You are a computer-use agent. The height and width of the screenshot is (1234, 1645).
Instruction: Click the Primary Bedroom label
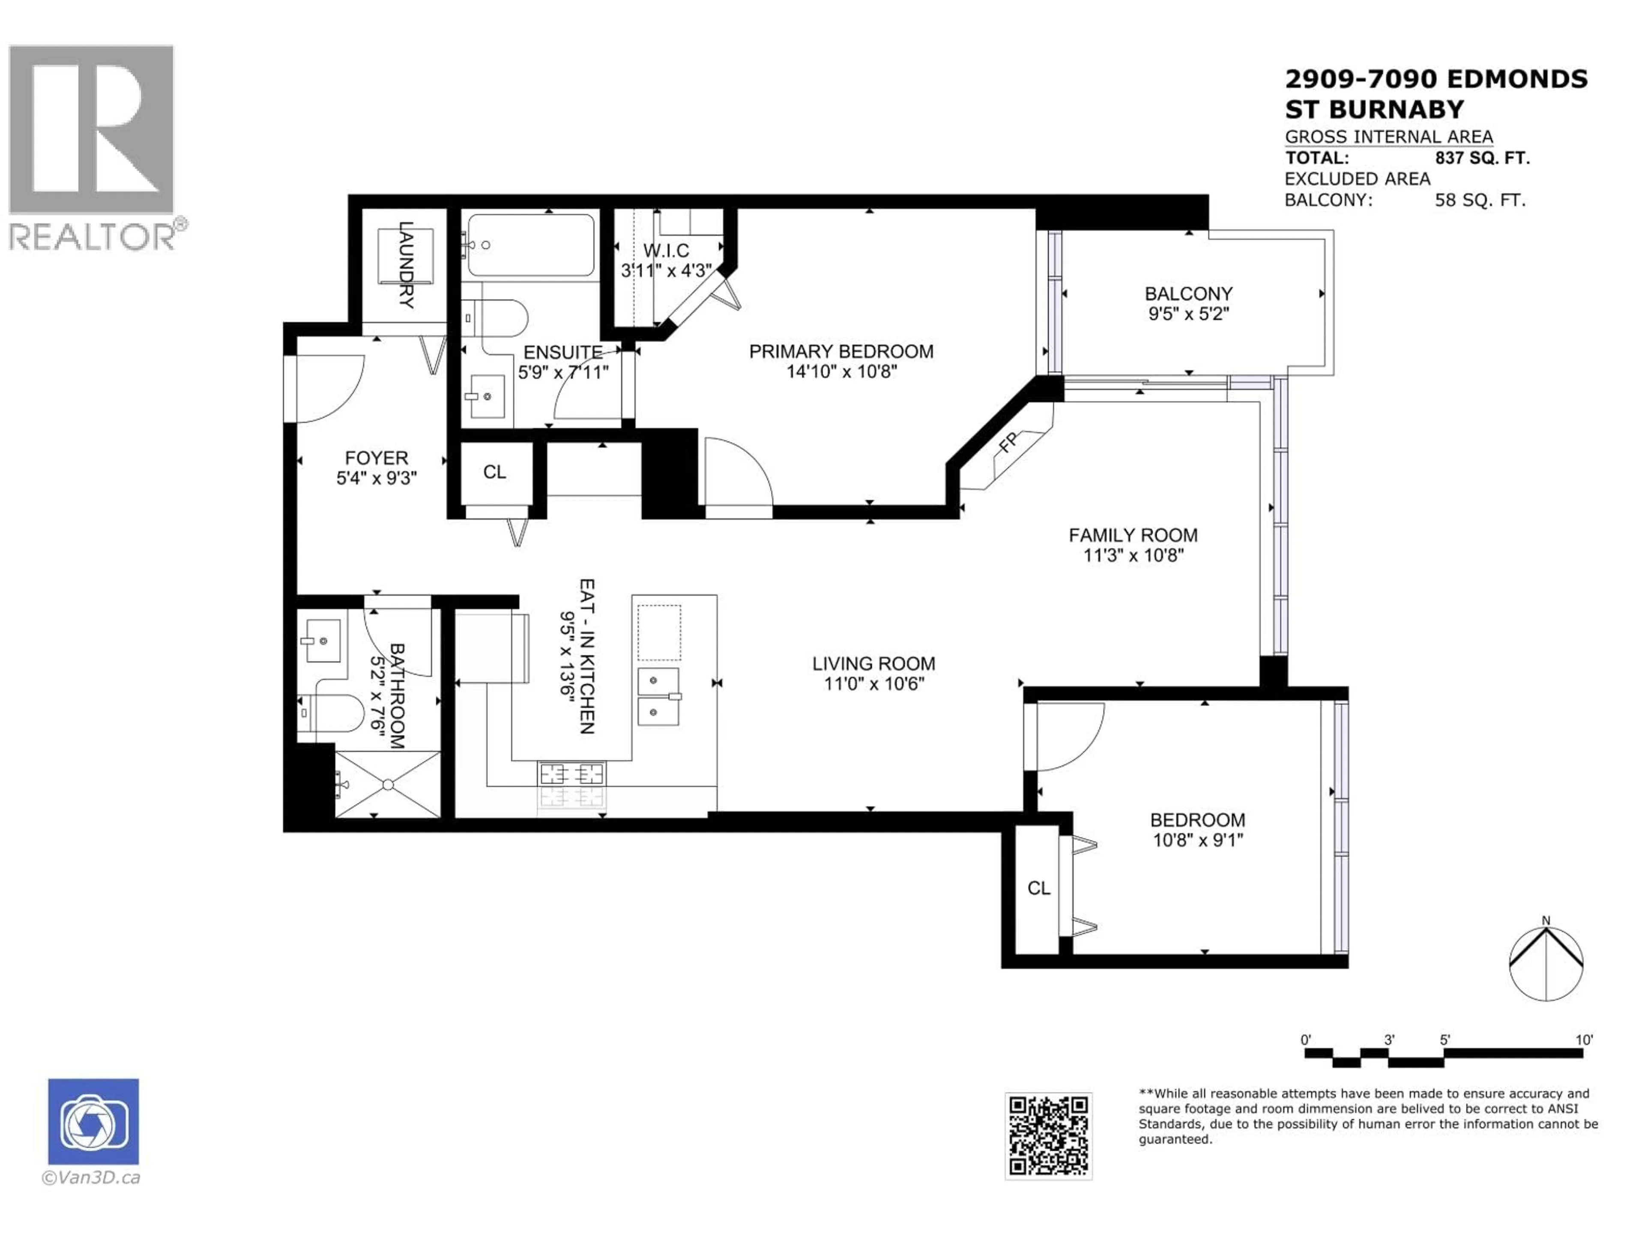click(x=841, y=351)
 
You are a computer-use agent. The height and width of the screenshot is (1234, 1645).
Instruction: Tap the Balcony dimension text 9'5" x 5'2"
click(x=1188, y=314)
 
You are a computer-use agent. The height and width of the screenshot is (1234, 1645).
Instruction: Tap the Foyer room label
click(x=376, y=458)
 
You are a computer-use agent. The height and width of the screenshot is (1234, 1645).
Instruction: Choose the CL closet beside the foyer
click(x=494, y=472)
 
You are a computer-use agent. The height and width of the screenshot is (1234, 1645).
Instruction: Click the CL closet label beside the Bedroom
click(x=1039, y=888)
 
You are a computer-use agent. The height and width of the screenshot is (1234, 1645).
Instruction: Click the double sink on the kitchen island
click(x=658, y=696)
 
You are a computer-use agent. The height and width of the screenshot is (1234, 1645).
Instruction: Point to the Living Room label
click(x=874, y=663)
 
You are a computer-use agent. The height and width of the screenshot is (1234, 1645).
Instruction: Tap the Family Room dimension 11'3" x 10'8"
click(x=1134, y=555)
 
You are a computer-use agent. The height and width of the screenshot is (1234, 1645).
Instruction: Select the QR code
click(x=1049, y=1136)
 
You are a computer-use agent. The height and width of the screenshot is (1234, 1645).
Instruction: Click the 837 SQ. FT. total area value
click(x=1482, y=158)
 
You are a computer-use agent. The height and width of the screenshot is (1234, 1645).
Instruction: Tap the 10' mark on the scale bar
click(x=1584, y=1040)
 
